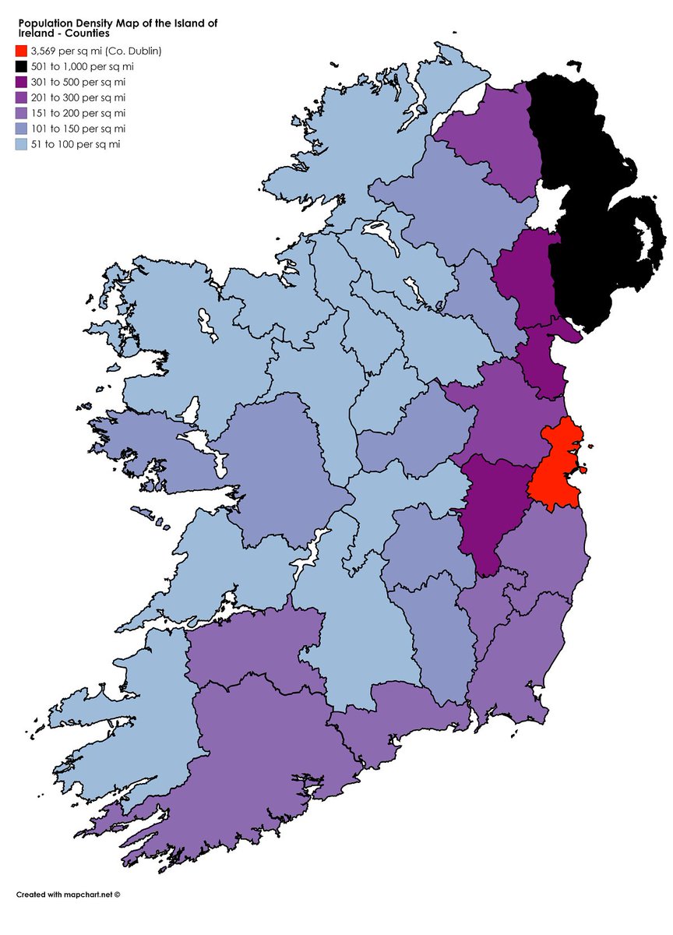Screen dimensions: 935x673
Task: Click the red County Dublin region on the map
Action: [x=554, y=467]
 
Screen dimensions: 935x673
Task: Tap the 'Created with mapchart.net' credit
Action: [x=69, y=894]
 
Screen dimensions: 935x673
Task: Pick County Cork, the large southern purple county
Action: [x=265, y=748]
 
